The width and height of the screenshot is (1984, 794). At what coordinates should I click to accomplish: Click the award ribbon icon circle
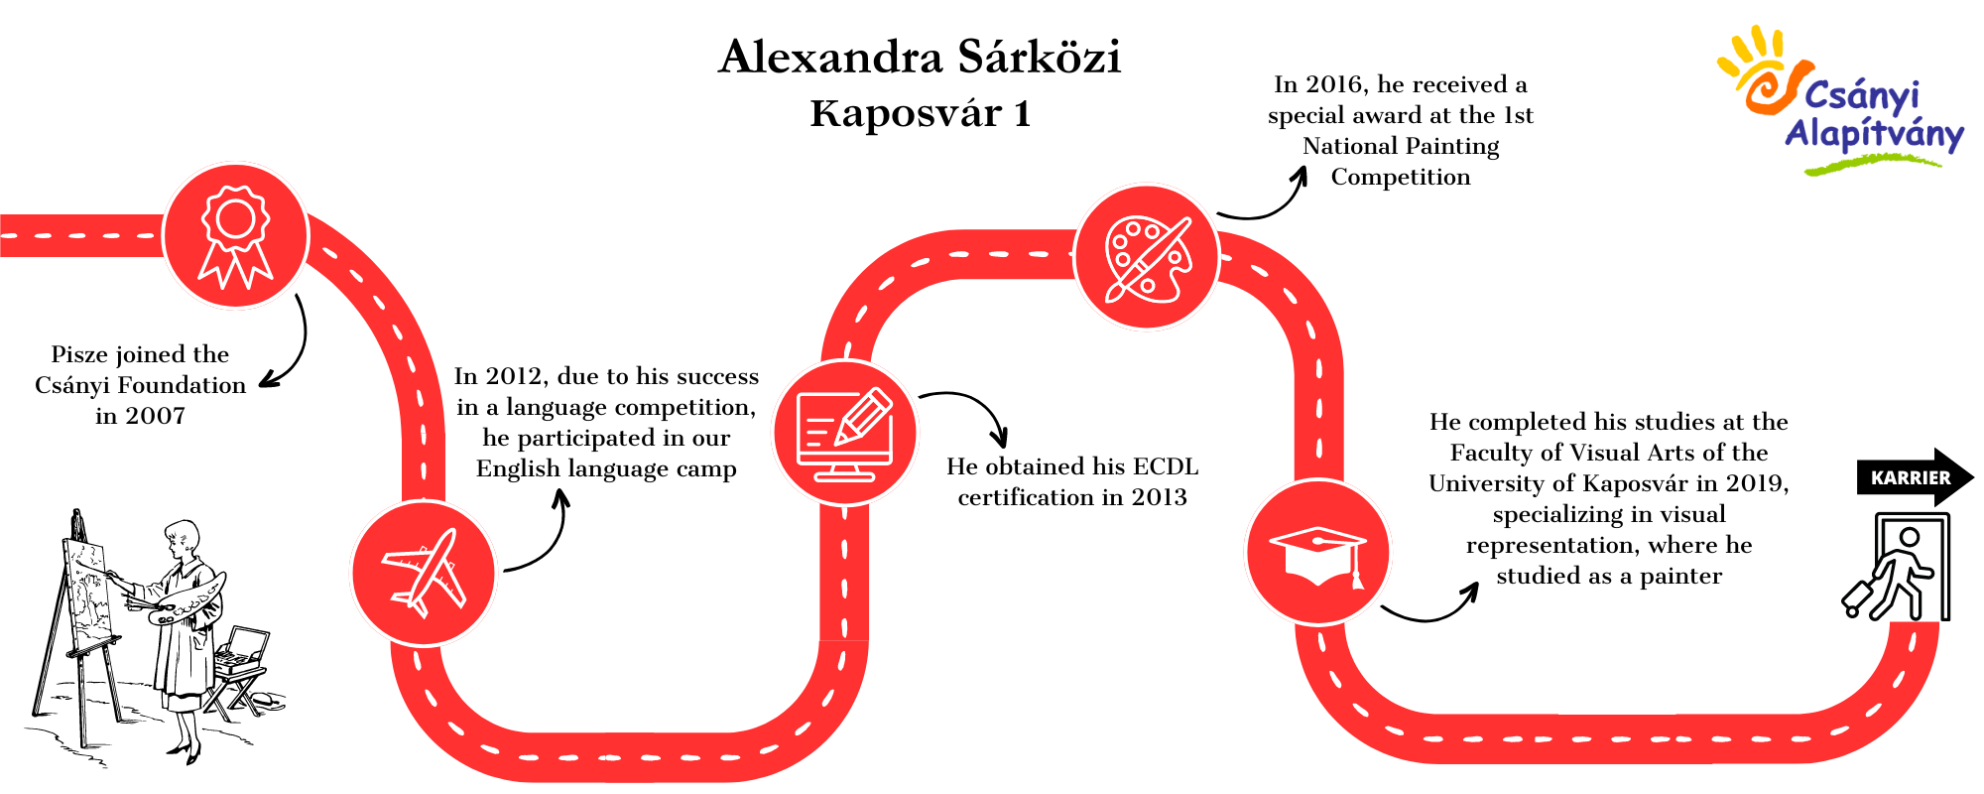pos(236,237)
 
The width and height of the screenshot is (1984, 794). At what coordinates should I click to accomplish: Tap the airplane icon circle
pos(425,574)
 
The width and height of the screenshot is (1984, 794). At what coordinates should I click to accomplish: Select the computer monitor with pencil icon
pos(845,434)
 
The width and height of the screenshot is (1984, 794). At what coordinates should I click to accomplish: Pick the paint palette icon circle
pos(1147,257)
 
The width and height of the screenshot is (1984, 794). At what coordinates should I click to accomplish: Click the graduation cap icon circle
pos(1318,553)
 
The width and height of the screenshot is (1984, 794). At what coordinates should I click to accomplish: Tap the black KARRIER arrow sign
pos(1915,477)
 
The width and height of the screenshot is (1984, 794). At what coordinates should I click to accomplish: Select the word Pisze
pos(81,355)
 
